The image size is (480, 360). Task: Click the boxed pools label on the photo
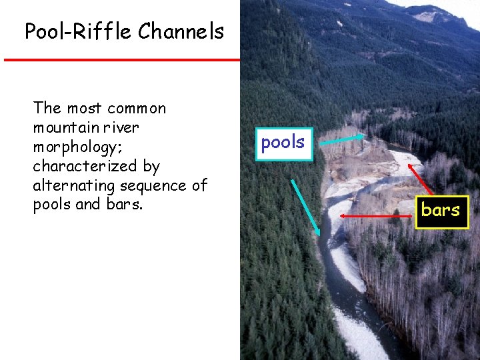tap(283, 142)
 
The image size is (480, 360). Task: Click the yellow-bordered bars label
tap(441, 211)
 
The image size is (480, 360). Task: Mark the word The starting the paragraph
tap(46, 108)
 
